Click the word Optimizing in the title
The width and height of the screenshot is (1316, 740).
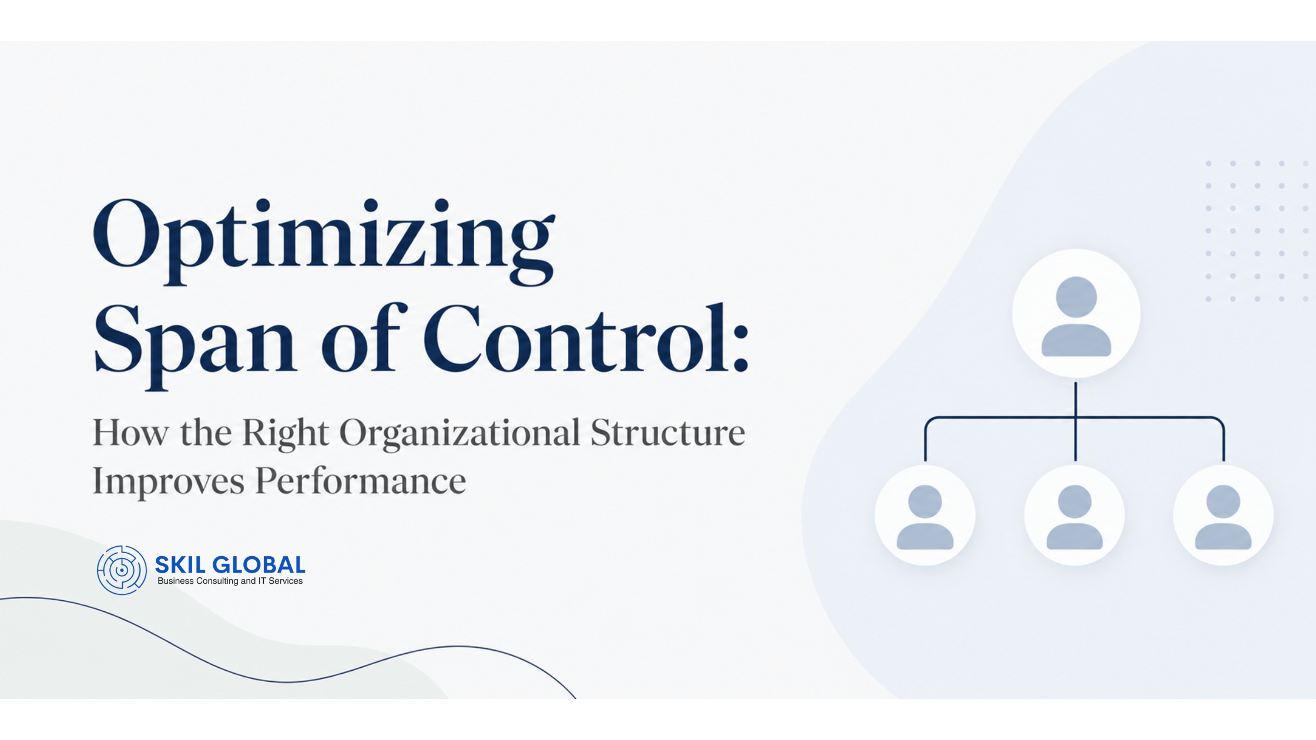tap(324, 241)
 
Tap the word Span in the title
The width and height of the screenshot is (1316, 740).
tap(194, 344)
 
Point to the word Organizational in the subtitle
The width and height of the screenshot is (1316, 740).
tap(460, 434)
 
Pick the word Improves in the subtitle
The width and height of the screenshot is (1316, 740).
tap(169, 482)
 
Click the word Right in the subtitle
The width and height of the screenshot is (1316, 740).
tap(285, 434)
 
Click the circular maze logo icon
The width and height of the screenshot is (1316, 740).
tap(122, 570)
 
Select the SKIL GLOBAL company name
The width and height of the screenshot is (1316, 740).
tap(230, 565)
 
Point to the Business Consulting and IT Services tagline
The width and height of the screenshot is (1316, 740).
tap(230, 581)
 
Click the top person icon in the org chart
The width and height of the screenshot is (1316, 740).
tap(1076, 313)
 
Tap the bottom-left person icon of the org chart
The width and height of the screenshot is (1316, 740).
tap(925, 515)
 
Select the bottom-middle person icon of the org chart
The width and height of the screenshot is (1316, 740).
tap(1075, 515)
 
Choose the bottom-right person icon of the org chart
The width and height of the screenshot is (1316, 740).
tap(1224, 515)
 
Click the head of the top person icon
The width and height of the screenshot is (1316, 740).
tap(1076, 297)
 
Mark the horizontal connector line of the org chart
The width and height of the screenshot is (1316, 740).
tap(1075, 418)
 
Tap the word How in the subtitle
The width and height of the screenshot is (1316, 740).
tap(130, 433)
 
